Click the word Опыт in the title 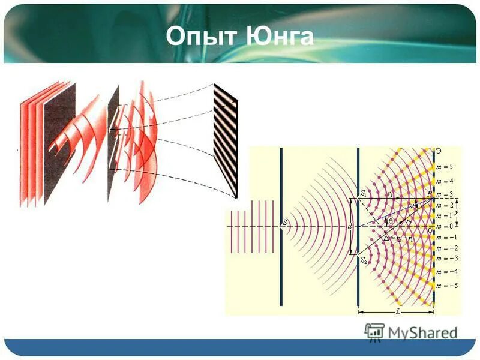202,36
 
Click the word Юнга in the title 280,36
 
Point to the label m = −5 447,286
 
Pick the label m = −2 447,248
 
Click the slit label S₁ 363,194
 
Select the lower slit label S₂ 363,260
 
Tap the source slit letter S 286,223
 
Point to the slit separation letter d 350,227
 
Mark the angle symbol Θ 390,221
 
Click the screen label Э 439,151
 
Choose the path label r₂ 408,221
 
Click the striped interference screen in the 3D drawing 226,141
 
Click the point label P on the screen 429,194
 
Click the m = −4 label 447,272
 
